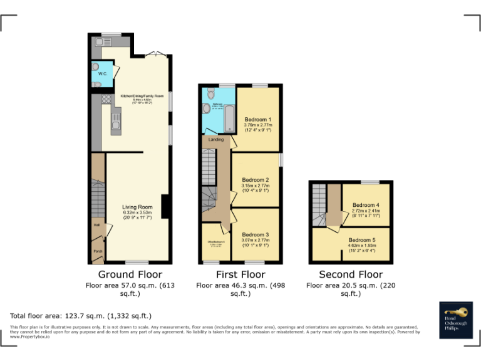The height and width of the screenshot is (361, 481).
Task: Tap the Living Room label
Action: click(137, 207)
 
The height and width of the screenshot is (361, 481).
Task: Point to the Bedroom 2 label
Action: click(256, 180)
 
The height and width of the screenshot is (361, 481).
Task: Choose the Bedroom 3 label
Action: click(255, 234)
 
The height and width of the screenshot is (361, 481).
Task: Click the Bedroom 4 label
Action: click(366, 205)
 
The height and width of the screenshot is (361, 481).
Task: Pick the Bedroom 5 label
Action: click(362, 240)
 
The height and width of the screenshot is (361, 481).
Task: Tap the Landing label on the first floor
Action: click(216, 139)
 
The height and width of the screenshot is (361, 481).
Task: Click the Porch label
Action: click(98, 251)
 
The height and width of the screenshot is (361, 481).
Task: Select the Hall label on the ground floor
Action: click(97, 224)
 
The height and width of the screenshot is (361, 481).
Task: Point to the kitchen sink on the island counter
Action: click(115, 119)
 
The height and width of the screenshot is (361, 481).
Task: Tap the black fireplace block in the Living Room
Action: click(165, 206)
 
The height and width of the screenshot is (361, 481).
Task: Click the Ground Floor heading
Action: click(130, 275)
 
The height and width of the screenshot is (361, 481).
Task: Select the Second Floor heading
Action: click(351, 275)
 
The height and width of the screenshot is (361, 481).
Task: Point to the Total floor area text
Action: click(81, 316)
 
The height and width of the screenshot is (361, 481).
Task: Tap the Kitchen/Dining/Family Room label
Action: click(142, 96)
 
